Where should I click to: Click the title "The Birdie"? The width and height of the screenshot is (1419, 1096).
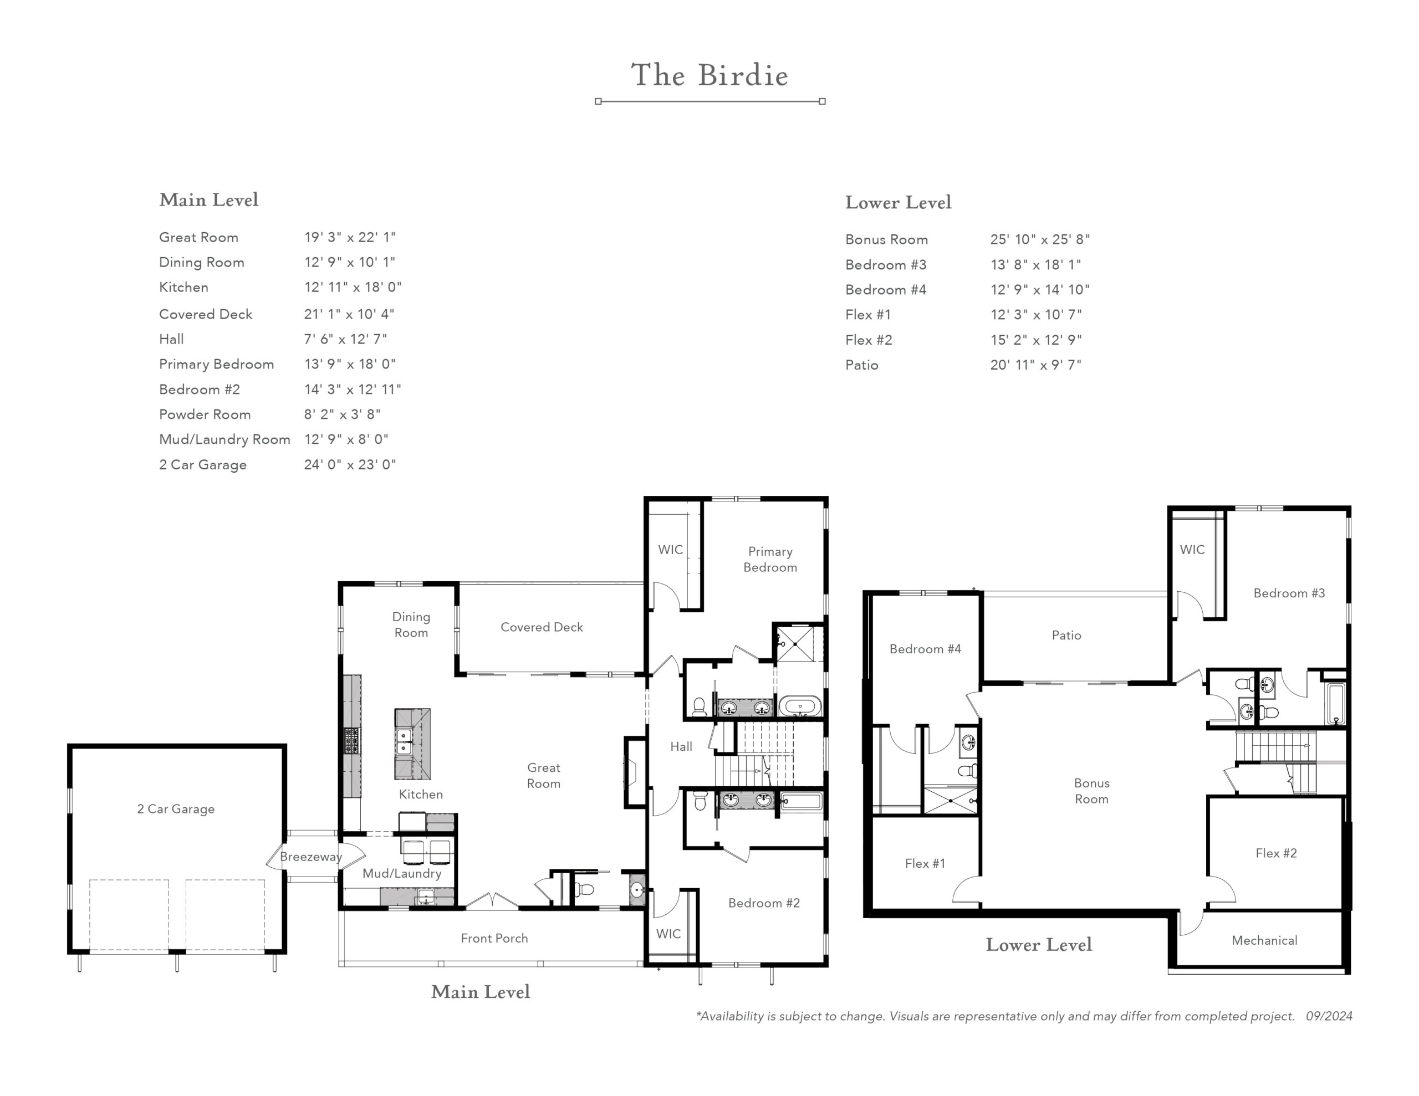tap(709, 75)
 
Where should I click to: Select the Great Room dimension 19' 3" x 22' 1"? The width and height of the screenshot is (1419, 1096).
tap(350, 237)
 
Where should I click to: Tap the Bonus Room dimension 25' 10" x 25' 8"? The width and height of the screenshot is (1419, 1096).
tap(1039, 239)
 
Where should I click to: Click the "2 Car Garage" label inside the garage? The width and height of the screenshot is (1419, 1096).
tap(175, 809)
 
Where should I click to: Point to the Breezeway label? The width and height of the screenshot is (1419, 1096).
tap(310, 857)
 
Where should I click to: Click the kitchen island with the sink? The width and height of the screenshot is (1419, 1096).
tap(412, 744)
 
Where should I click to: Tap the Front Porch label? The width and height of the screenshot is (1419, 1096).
tap(494, 938)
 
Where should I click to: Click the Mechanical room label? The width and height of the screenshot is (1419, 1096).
tap(1264, 940)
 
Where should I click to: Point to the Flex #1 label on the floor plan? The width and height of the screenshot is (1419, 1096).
tap(925, 863)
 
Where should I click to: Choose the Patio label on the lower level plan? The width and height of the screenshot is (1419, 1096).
tap(1066, 636)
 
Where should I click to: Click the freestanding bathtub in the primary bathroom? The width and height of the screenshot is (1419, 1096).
tap(800, 705)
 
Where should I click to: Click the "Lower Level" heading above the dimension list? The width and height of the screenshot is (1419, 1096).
tap(898, 203)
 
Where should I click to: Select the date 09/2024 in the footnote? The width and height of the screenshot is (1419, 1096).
tap(1329, 1016)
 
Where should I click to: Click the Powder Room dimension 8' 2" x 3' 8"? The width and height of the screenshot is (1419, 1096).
tap(343, 414)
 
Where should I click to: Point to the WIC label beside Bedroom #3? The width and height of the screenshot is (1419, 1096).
tap(1192, 550)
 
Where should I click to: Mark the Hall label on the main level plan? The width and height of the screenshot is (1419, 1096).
tap(681, 746)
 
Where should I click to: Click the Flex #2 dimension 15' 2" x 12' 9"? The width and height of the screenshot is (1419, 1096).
tap(1035, 340)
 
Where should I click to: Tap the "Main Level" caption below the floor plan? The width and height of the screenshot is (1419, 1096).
tap(481, 992)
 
